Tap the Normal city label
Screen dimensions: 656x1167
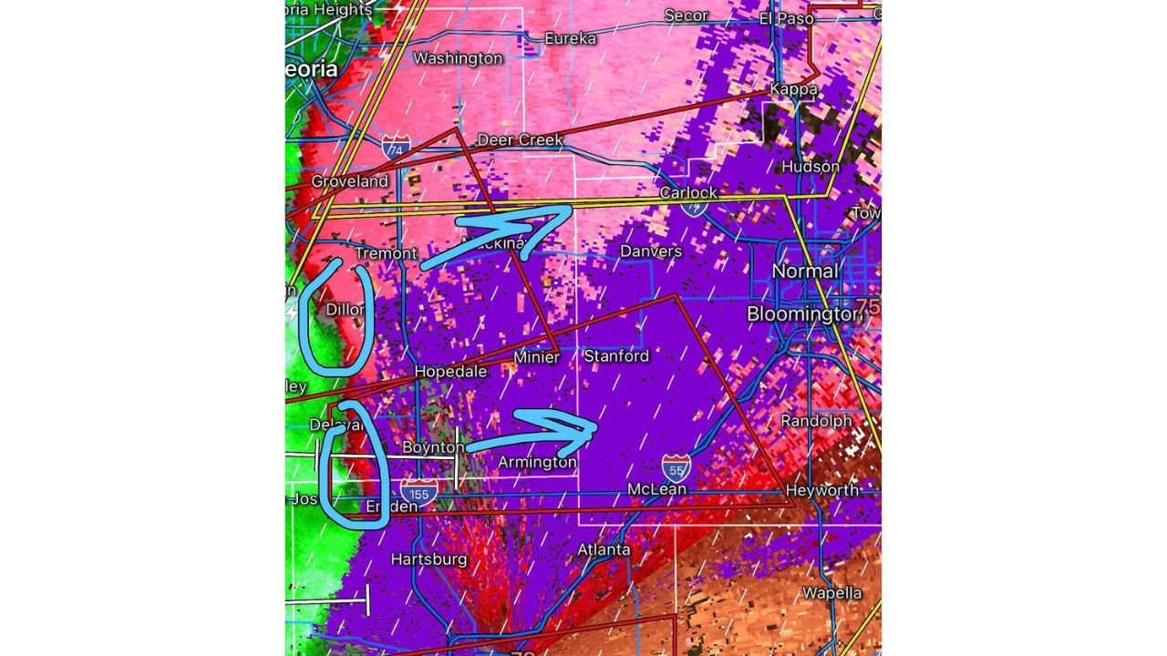tap(804, 272)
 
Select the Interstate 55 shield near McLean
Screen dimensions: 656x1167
tap(676, 468)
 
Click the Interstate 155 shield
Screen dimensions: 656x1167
tap(418, 493)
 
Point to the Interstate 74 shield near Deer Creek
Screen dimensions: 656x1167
tap(396, 146)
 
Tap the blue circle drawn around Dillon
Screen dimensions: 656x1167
tap(336, 317)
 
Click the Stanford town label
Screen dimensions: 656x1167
tap(616, 355)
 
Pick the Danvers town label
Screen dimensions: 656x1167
tap(651, 251)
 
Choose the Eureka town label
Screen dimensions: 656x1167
tap(570, 38)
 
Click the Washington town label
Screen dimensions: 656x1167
tap(458, 58)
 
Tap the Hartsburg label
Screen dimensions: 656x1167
tap(429, 559)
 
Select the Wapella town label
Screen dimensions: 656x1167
tap(831, 593)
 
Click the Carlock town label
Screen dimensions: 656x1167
tap(688, 193)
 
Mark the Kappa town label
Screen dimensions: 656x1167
tap(793, 89)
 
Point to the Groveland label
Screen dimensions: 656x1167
tap(349, 181)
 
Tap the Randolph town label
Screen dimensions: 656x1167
tap(816, 421)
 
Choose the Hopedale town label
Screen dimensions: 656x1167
tap(450, 372)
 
